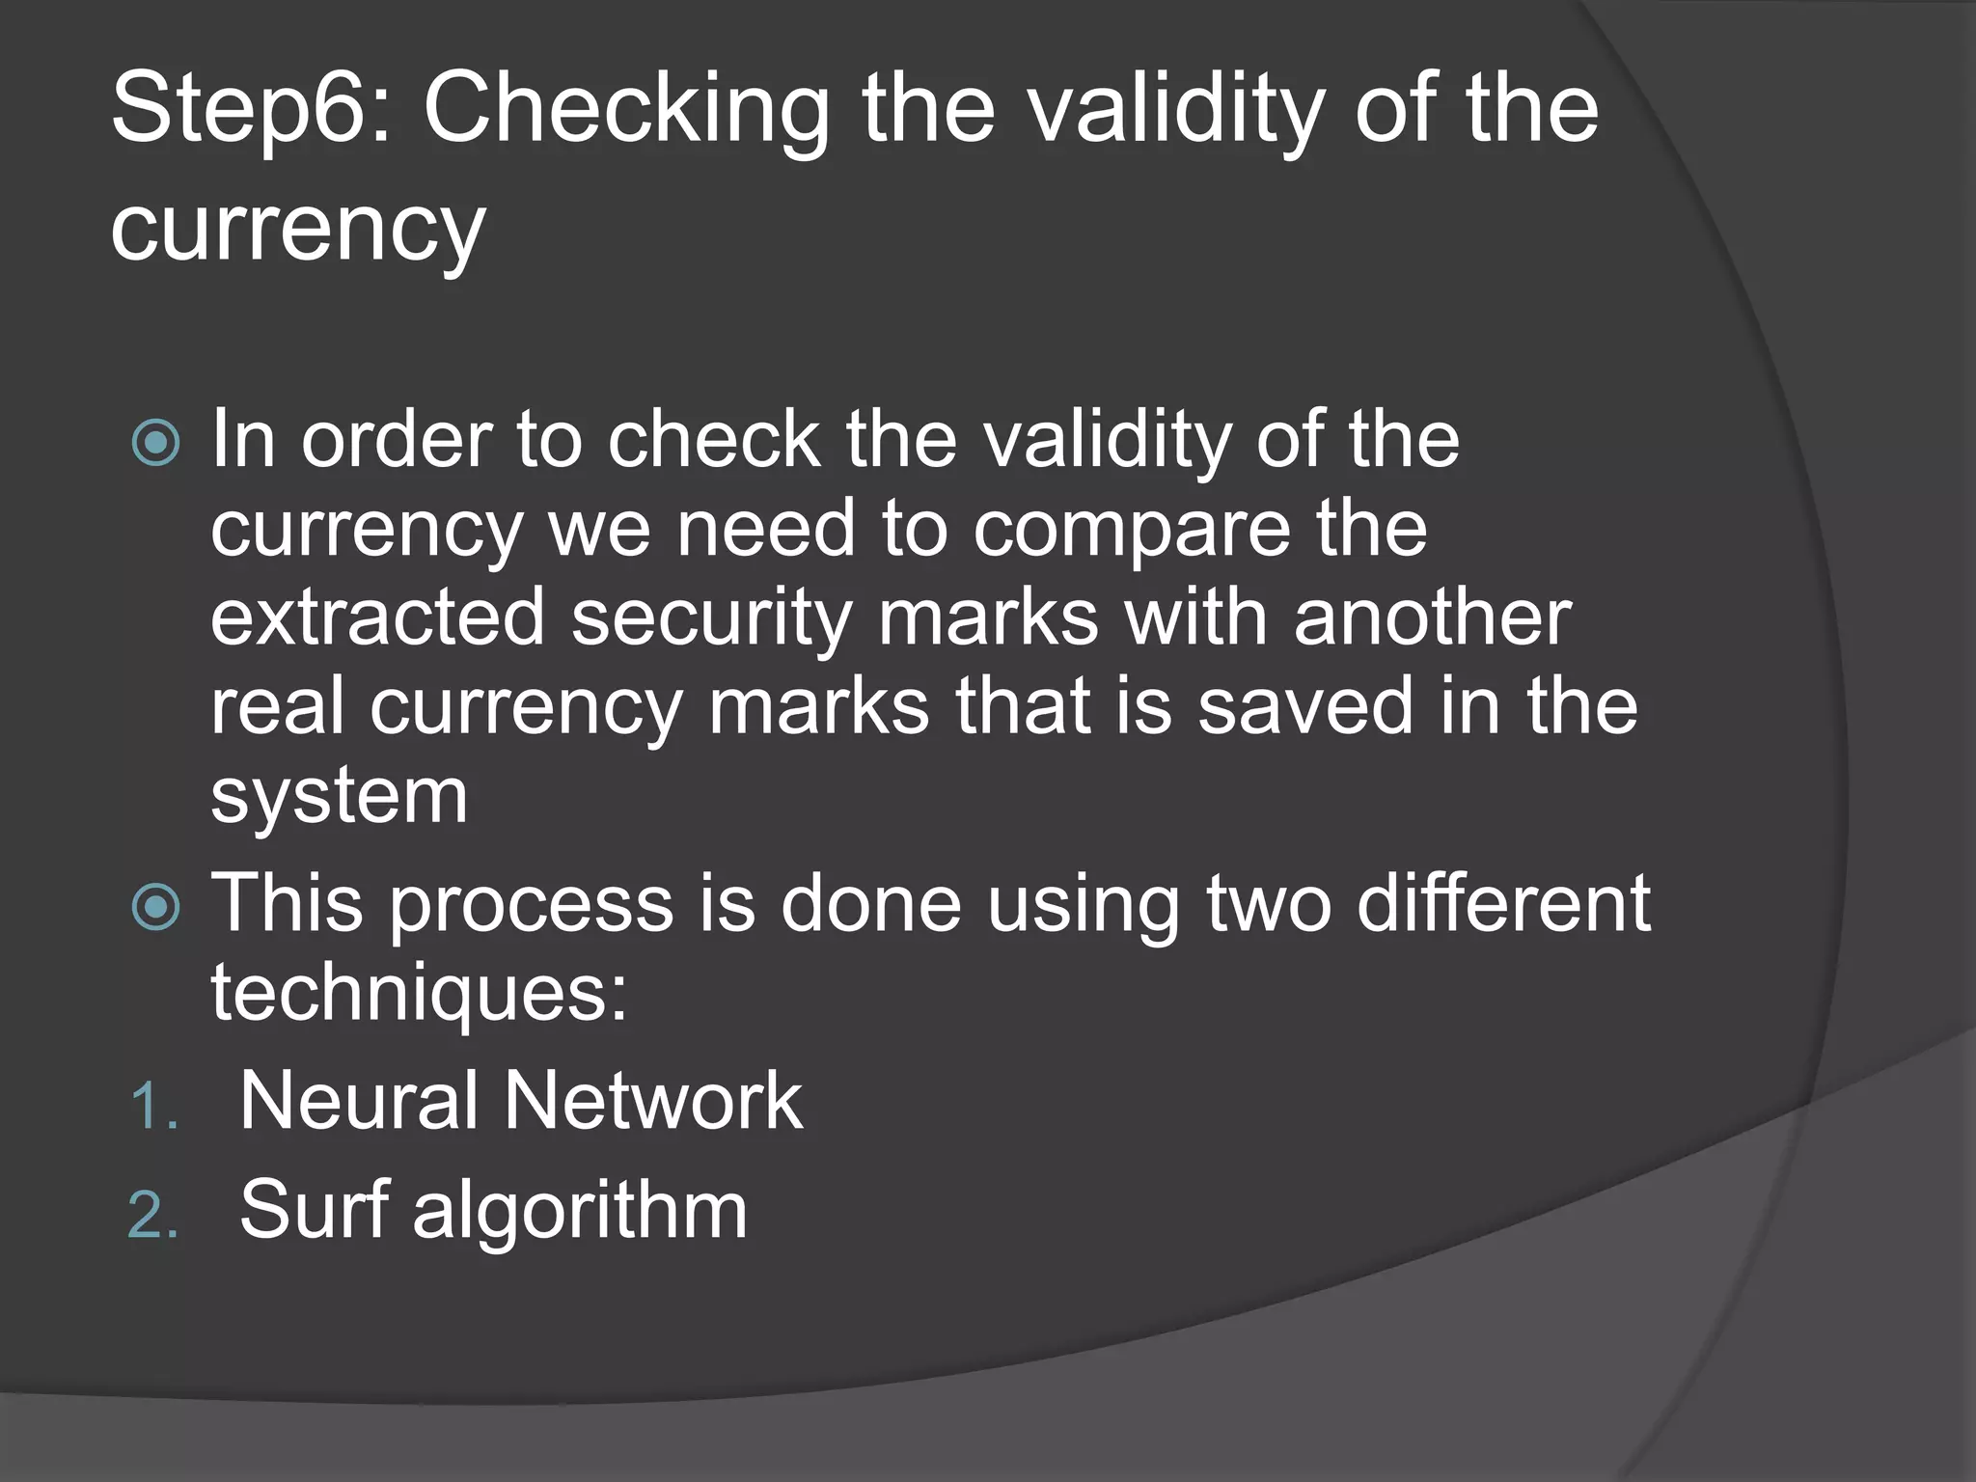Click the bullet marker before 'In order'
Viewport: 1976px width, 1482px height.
click(x=156, y=443)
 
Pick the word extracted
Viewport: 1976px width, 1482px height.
click(x=378, y=618)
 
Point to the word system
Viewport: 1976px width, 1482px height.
click(x=339, y=798)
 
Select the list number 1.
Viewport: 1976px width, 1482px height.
click(x=153, y=1106)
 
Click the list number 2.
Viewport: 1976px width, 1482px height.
click(x=153, y=1214)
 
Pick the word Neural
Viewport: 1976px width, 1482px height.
click(x=358, y=1101)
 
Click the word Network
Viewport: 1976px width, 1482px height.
click(x=653, y=1101)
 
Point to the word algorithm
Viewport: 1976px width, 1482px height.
click(x=580, y=1212)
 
